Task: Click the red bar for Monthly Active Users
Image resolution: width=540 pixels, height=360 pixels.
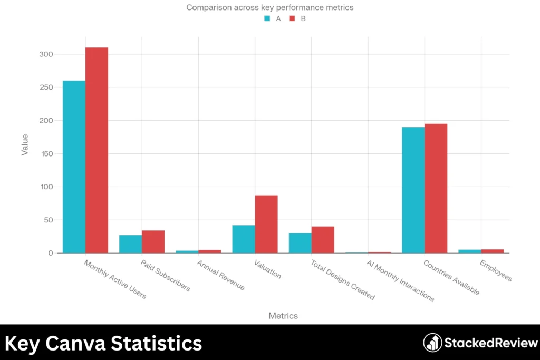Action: [x=97, y=150]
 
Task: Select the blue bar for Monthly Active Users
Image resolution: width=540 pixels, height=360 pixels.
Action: [x=74, y=167]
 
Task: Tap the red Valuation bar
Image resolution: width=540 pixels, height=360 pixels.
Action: [x=266, y=224]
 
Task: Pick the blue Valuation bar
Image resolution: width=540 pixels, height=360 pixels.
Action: [x=244, y=239]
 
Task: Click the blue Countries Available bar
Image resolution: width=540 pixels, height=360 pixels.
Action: [x=413, y=190]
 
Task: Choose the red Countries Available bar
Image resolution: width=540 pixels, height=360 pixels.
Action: [x=436, y=188]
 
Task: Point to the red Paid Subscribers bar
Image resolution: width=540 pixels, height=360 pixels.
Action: [x=153, y=241]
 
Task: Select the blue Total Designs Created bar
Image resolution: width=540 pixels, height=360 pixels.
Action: [x=300, y=243]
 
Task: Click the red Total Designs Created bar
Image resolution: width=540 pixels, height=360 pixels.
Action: [x=323, y=240]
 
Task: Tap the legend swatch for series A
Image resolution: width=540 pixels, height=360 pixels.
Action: [x=267, y=18]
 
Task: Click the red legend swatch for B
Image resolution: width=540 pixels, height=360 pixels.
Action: [x=292, y=18]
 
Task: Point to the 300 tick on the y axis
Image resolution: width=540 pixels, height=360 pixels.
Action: [x=46, y=54]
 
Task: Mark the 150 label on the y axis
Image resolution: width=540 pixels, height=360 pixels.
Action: [x=46, y=153]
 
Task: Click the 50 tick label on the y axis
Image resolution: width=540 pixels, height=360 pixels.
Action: [x=49, y=220]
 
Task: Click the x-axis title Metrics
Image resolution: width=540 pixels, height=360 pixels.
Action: [x=283, y=316]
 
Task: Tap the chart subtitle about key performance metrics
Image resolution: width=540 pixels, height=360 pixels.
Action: [x=269, y=7]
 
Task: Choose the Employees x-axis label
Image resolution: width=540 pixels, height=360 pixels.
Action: [x=496, y=269]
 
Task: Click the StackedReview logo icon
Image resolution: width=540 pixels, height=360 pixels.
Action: [x=432, y=343]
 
